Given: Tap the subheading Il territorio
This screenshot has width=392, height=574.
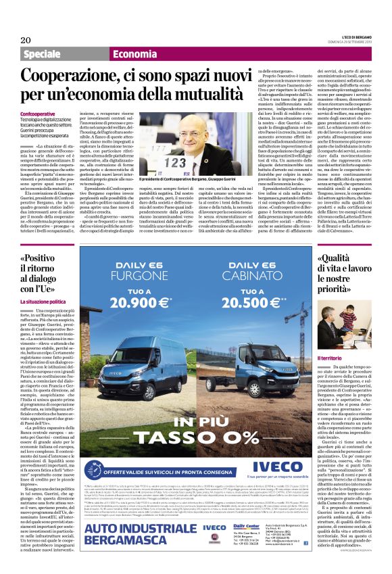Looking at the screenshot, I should point(332,356).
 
